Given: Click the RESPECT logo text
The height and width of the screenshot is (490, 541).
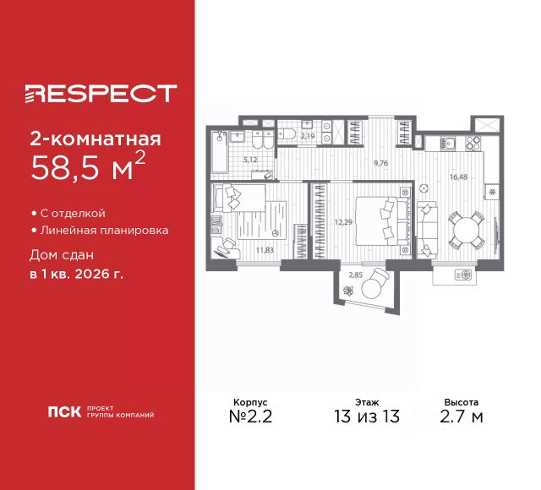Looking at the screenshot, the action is coord(101,93).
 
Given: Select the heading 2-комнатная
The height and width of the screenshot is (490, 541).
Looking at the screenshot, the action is coord(96,139).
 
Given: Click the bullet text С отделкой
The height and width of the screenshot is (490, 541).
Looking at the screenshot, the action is coord(73,214).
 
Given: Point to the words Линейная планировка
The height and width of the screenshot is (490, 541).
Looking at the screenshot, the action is coord(104,231).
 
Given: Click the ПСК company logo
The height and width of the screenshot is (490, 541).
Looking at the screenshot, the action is coord(64,411).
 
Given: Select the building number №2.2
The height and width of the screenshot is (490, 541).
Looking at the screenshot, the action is coord(250,416).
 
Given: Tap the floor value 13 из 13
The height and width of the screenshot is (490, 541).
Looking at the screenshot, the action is coord(367,416).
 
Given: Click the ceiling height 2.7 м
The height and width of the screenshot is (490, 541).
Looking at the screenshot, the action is coord(462,416).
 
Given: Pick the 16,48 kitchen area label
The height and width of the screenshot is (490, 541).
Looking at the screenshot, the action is coord(458,177).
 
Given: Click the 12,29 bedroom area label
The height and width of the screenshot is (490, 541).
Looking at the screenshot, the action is coord(343,222).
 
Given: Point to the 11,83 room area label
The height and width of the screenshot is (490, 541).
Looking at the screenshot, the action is coord(265,250).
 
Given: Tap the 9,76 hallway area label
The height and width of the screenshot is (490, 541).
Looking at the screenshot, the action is coord(381,163).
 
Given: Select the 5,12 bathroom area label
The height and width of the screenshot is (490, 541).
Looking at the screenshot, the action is coord(250,160).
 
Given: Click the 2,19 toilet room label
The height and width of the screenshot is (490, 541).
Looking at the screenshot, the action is coord(308,136).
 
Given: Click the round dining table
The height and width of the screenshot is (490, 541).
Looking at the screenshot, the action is coord(467,230).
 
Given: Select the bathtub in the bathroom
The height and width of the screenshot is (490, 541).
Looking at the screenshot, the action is coord(220,152).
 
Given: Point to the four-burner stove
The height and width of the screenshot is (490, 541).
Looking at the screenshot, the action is coord(473,143).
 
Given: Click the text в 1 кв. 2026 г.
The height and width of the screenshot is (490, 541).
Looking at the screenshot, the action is coord(76,275).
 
